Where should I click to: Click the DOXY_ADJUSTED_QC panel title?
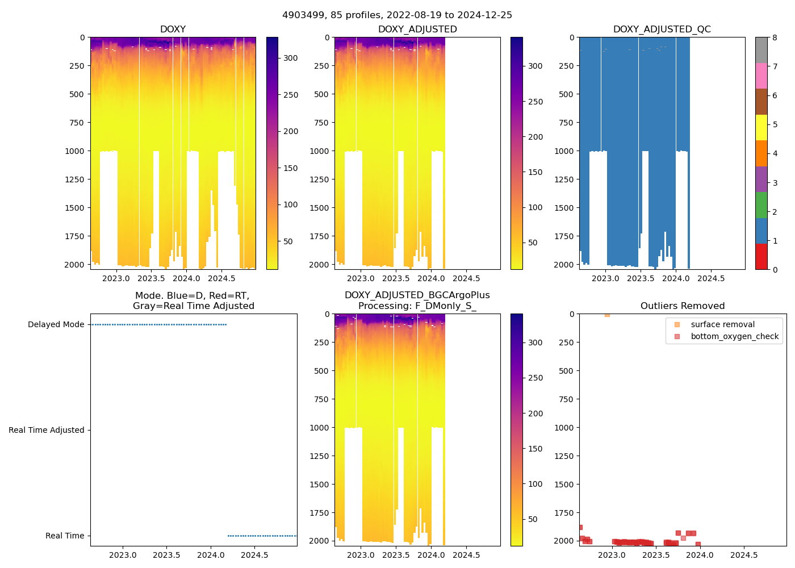(x=662, y=30)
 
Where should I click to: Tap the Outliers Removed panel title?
(x=683, y=306)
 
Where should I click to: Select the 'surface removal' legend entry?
(x=722, y=324)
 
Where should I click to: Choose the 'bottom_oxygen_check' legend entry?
(x=734, y=336)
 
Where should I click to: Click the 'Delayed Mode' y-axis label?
(x=56, y=324)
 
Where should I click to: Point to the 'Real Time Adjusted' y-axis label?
(x=46, y=430)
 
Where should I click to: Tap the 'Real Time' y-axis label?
(x=65, y=536)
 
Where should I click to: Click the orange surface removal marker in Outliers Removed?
(x=607, y=314)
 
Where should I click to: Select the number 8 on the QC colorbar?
(x=775, y=37)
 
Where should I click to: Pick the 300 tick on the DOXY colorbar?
(x=291, y=58)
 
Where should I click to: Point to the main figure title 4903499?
(x=397, y=15)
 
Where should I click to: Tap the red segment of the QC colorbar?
(x=761, y=257)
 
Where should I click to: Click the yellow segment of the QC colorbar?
(x=761, y=127)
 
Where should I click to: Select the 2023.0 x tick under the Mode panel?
(x=123, y=555)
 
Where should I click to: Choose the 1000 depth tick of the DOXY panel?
(x=74, y=151)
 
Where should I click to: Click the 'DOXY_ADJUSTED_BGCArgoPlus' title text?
(x=417, y=295)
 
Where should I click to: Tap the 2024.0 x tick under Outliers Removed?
(x=700, y=555)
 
